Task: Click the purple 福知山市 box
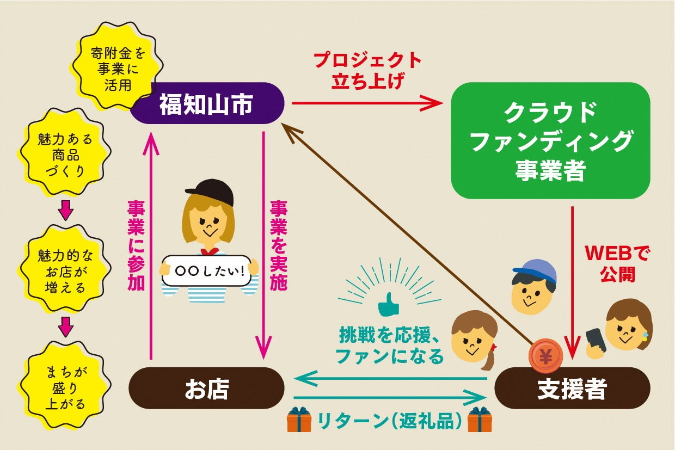point(207,103)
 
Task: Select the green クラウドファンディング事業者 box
point(550,140)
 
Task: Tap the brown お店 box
point(206,389)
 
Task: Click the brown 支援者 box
point(572,389)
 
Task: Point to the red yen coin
point(545,355)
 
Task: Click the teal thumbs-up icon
point(388,306)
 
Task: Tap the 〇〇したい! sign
point(207,270)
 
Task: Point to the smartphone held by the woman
point(596,341)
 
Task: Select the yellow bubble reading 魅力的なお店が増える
point(65,270)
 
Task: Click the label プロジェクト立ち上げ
point(367,70)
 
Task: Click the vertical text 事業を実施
point(278,245)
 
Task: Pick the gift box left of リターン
point(299,420)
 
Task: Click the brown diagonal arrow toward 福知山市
point(408,234)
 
